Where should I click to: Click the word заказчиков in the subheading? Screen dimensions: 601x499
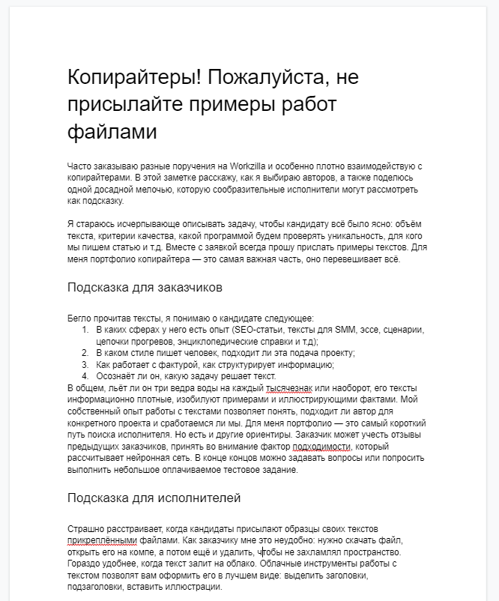point(185,288)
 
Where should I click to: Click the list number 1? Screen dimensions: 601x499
point(85,330)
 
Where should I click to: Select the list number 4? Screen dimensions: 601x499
point(85,376)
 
